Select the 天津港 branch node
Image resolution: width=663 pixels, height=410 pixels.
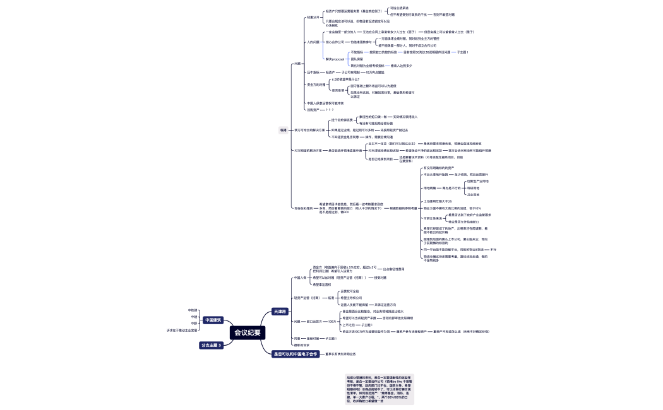coord(279,311)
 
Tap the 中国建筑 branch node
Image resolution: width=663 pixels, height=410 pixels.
coord(213,320)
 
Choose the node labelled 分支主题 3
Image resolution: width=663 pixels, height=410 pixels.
coord(212,345)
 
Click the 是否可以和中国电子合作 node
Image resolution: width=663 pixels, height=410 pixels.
coord(296,354)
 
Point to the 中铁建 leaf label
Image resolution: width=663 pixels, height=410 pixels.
coord(193,310)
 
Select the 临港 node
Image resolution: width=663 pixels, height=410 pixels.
coord(283,130)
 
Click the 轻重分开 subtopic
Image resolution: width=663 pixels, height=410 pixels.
coord(313,17)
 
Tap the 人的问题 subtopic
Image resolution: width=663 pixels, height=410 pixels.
coord(313,42)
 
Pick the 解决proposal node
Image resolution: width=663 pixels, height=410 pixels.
coord(335,59)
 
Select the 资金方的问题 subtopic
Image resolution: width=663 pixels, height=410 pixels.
coord(316,84)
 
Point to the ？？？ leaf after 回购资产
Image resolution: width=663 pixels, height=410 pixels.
coord(330,109)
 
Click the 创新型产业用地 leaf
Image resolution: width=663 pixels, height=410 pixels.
coord(477,181)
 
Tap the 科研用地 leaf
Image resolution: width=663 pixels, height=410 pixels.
coord(473,188)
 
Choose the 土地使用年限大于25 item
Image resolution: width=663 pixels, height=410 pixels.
coord(437,201)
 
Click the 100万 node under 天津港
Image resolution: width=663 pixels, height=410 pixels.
coord(332,321)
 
